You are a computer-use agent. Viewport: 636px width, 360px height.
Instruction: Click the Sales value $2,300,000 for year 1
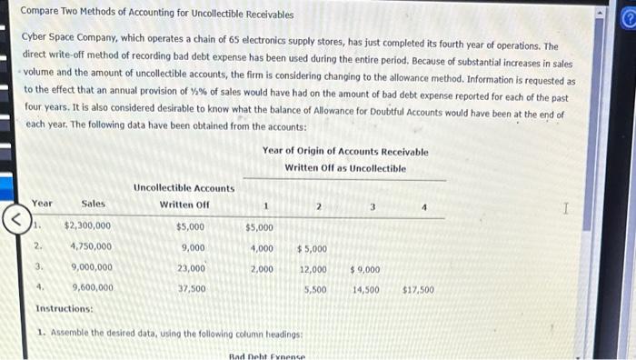tap(88, 226)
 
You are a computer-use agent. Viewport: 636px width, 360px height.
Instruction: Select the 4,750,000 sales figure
tap(91, 247)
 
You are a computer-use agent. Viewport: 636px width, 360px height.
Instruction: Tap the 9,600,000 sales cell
tap(91, 287)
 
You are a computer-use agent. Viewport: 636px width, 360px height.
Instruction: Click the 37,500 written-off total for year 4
tap(192, 288)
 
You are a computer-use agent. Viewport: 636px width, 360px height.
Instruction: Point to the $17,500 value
tap(418, 290)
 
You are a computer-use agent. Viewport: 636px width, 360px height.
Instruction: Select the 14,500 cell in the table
tap(365, 290)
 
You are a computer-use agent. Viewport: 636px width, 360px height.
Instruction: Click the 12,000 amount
tap(313, 269)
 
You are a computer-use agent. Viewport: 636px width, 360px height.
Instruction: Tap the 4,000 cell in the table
tap(262, 248)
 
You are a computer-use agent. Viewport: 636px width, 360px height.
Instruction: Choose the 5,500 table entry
tap(314, 290)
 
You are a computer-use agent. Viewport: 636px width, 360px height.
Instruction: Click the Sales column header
tap(93, 204)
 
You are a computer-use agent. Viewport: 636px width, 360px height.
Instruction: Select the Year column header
tap(42, 204)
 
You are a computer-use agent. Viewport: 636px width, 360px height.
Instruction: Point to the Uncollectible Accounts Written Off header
tap(184, 195)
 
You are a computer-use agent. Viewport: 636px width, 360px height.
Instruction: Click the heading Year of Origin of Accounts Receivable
tap(345, 152)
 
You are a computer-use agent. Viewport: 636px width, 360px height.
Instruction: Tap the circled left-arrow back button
tap(13, 218)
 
